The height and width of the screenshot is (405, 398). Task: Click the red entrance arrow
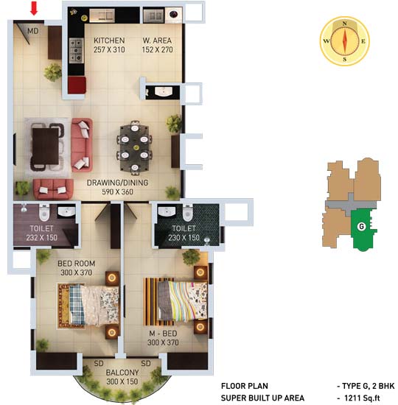click(x=34, y=8)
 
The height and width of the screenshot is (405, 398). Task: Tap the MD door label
click(x=33, y=31)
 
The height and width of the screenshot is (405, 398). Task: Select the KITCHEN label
click(x=109, y=40)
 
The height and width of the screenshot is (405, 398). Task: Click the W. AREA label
click(x=157, y=40)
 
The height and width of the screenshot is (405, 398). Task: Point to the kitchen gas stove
click(x=77, y=50)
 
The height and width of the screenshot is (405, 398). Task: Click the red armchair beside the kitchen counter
click(x=77, y=85)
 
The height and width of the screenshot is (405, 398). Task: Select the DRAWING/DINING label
click(x=118, y=183)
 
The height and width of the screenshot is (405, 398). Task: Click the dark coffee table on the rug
click(x=46, y=147)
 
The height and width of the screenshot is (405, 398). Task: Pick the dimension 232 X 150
click(x=42, y=238)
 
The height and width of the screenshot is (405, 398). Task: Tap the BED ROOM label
click(x=77, y=264)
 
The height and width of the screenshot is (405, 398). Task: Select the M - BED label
click(x=163, y=334)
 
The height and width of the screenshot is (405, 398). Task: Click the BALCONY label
click(x=122, y=373)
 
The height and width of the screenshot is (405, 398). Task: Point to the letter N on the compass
click(x=344, y=24)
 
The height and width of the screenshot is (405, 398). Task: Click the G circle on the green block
click(x=361, y=227)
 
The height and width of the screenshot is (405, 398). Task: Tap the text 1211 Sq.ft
click(x=362, y=398)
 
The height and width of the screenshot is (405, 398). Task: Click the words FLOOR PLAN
click(x=245, y=386)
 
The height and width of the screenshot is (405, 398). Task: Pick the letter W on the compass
click(x=327, y=41)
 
